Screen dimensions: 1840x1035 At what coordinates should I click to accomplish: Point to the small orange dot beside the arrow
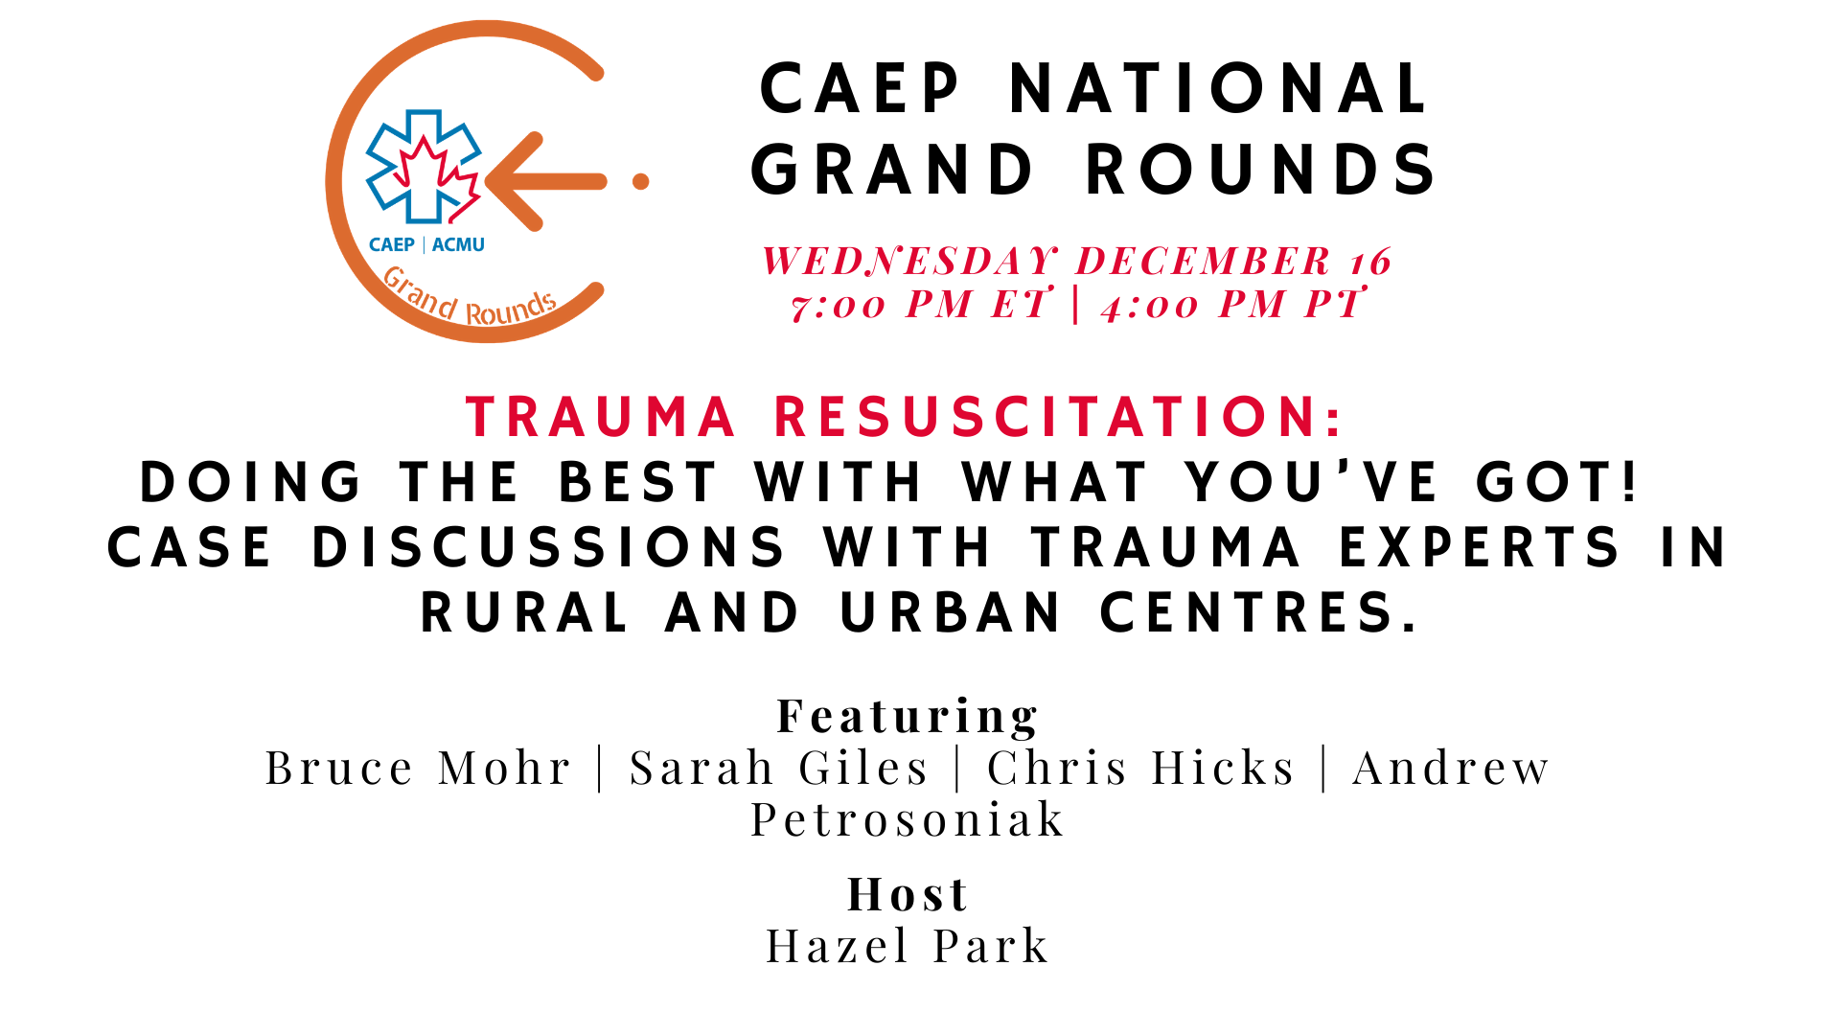pos(641,181)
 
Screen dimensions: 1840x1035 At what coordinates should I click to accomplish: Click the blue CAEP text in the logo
pos(392,244)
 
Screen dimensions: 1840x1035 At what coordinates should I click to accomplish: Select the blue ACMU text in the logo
pos(458,244)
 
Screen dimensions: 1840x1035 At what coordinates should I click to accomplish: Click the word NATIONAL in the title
pos(1220,89)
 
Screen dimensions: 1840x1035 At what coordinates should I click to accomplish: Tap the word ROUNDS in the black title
pos(1261,170)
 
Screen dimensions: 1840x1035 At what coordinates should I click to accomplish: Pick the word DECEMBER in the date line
pos(1204,261)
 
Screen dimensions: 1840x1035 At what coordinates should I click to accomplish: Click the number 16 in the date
pos(1370,262)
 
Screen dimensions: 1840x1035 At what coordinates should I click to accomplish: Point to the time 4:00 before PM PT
pos(1149,306)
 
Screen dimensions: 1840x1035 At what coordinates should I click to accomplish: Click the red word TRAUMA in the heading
pos(601,417)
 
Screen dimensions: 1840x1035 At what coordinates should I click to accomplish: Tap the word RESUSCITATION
pos(1059,417)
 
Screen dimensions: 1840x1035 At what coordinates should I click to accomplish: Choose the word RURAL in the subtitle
pos(524,612)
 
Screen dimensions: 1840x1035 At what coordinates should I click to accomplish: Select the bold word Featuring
pos(908,716)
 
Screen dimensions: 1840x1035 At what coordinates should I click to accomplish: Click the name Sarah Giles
pos(779,768)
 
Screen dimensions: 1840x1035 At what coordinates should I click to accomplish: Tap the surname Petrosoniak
pos(908,819)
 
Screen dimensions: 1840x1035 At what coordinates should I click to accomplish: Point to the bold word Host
pos(908,894)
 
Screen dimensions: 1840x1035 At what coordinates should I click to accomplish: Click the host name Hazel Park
pos(908,947)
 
